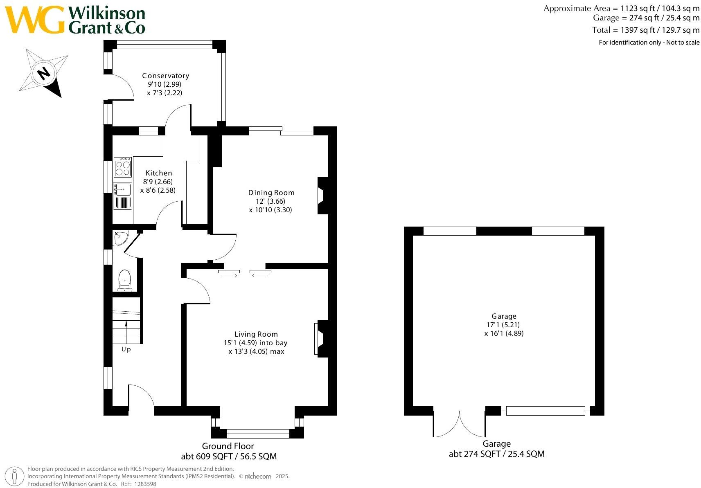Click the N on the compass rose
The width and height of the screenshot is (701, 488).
click(43, 74)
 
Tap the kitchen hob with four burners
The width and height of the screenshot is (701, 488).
click(122, 167)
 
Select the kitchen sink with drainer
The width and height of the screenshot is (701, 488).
click(122, 196)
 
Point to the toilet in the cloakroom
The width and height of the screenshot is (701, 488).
click(124, 280)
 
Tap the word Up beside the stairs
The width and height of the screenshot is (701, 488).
click(126, 349)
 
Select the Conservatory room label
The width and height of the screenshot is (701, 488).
click(166, 76)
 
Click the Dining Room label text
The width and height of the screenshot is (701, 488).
click(271, 193)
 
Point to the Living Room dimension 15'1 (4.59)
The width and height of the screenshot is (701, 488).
click(240, 343)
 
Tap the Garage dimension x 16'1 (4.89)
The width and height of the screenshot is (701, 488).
click(504, 333)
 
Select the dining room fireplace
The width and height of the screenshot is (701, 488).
click(322, 196)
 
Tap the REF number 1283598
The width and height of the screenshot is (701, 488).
click(145, 484)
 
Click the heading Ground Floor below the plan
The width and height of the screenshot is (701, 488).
click(228, 446)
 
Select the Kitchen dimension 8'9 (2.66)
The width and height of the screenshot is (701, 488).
click(158, 182)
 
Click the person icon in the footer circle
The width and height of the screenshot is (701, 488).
click(15, 477)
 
